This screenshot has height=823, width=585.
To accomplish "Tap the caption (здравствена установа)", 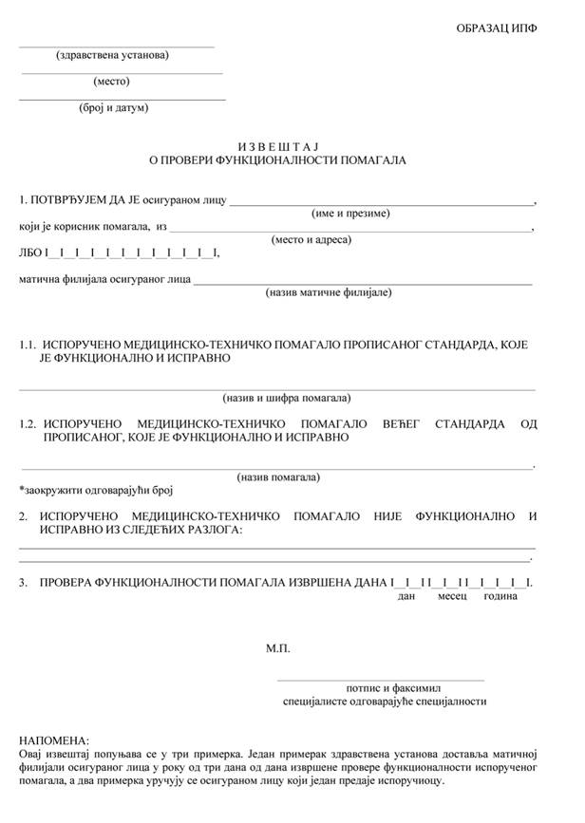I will tap(112, 54).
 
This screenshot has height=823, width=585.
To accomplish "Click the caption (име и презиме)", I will tap(351, 214).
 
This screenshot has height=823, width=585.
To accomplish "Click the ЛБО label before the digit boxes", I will tap(29, 253).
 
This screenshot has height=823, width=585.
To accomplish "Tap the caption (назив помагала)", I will tap(278, 477).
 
